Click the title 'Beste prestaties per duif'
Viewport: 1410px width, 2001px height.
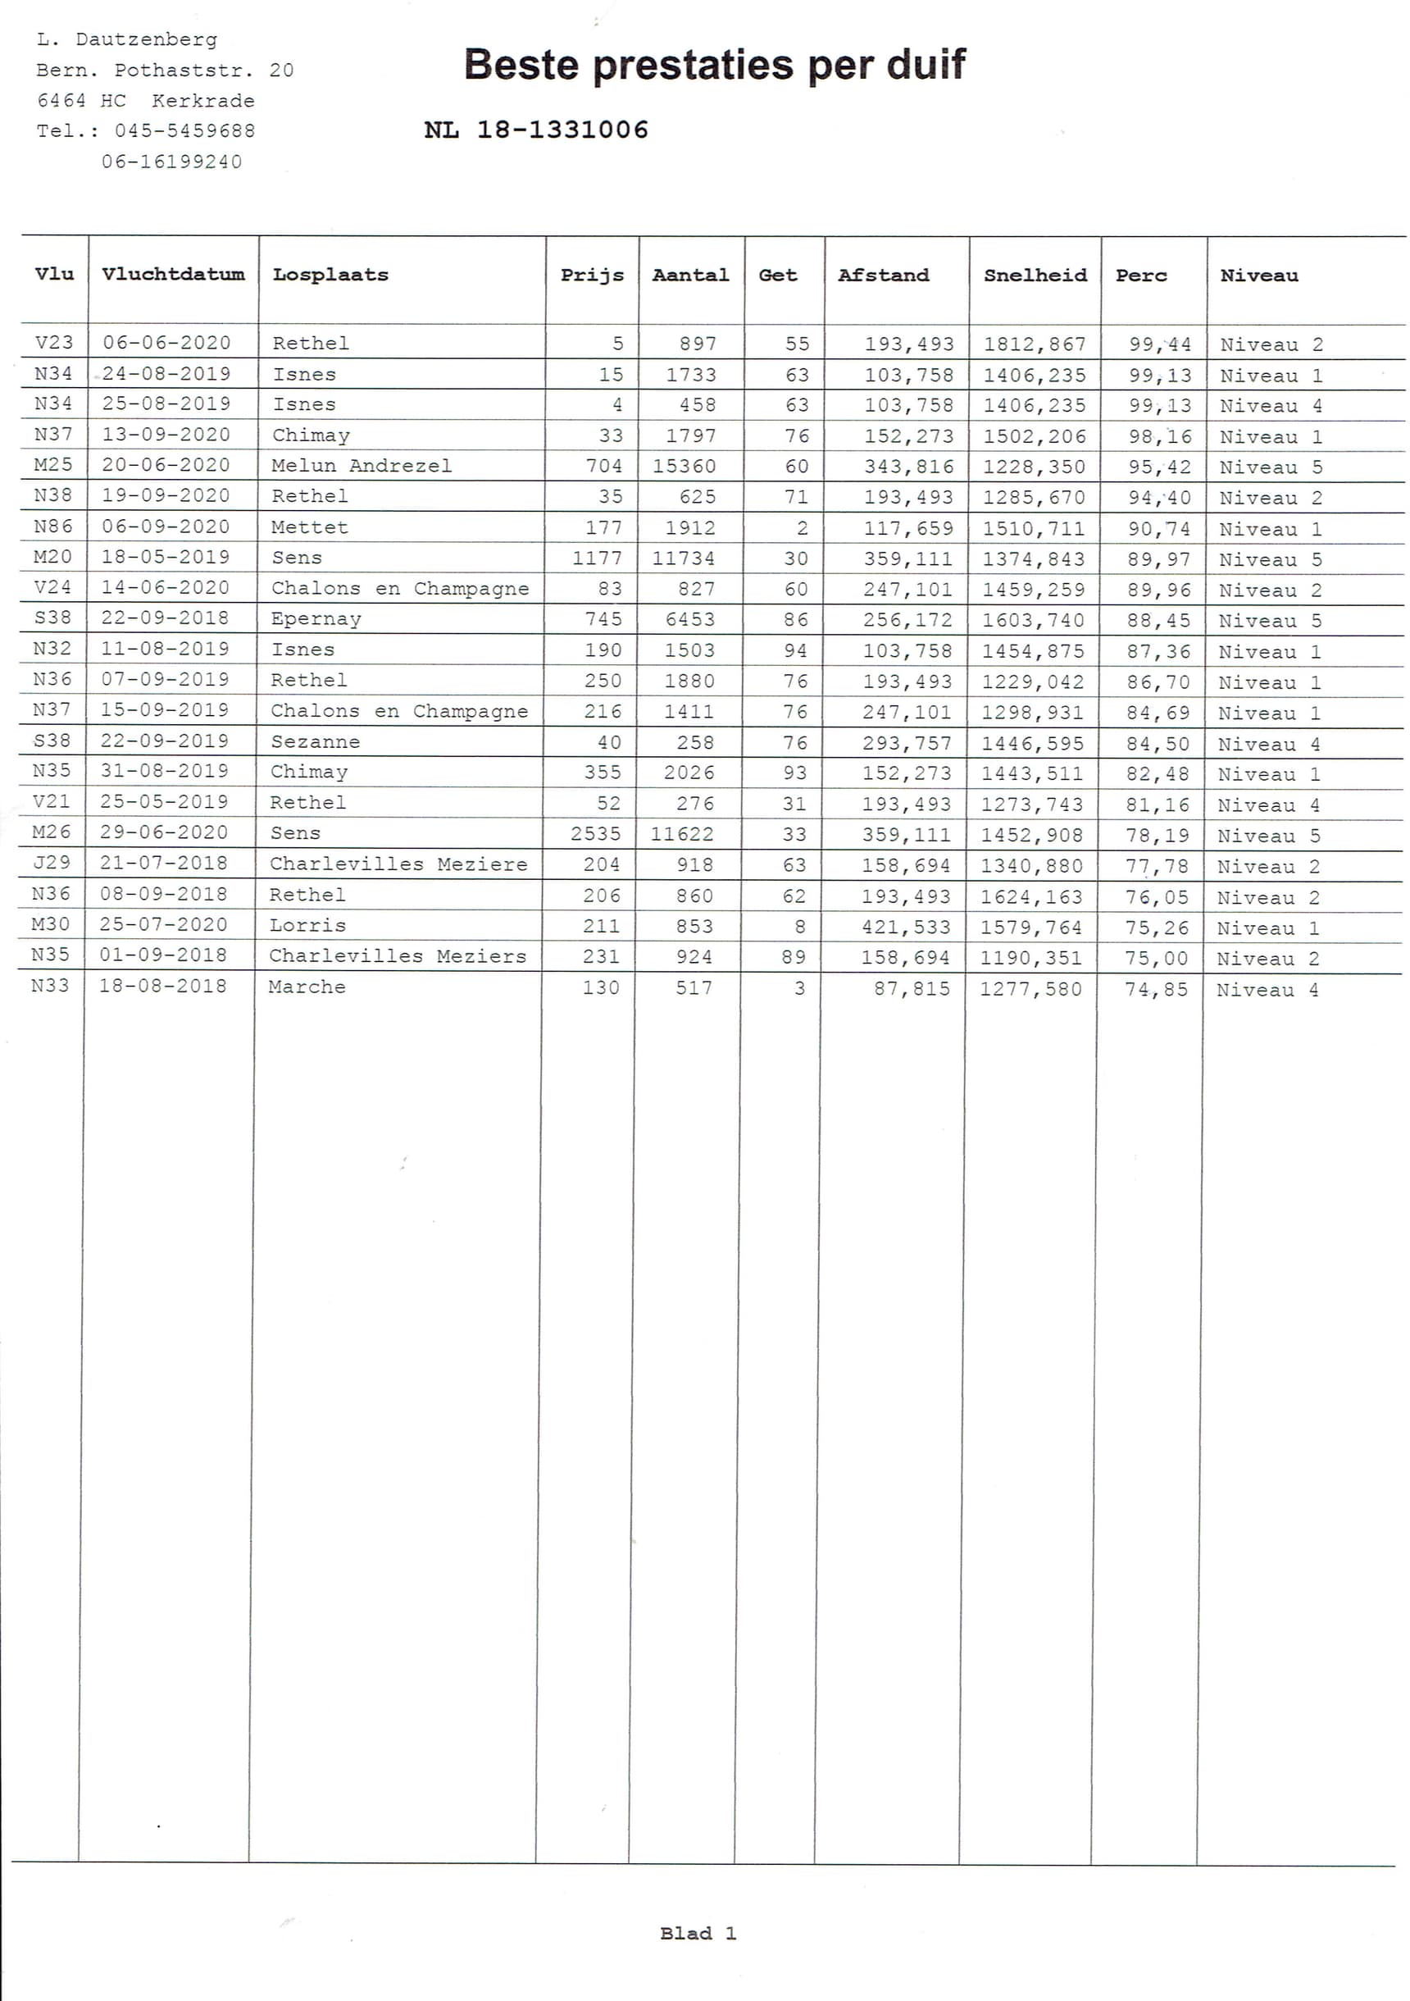(x=714, y=66)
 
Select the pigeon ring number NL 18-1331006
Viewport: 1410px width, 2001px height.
(x=536, y=130)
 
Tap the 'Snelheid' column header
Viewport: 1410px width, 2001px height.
(x=1035, y=276)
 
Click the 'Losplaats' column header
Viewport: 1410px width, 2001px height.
(x=330, y=275)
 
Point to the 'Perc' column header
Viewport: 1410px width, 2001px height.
(x=1141, y=276)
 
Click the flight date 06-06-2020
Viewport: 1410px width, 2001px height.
(x=166, y=343)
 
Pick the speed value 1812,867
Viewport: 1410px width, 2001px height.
(x=1035, y=344)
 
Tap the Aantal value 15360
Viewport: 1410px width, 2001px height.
(x=684, y=467)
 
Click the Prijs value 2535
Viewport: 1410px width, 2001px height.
(x=596, y=834)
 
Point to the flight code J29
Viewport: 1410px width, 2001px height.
(x=52, y=863)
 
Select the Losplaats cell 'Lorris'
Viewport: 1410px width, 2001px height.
(x=307, y=926)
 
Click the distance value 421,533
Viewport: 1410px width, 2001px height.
(x=907, y=928)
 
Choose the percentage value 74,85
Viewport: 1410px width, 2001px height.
(x=1156, y=989)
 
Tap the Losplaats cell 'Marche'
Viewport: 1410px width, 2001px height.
(x=307, y=987)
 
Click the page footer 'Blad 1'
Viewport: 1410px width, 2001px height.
(x=698, y=1933)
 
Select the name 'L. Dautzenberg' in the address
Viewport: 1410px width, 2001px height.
(x=127, y=39)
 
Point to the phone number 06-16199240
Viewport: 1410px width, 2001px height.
(x=171, y=162)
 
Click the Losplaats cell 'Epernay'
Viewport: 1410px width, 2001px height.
(x=316, y=619)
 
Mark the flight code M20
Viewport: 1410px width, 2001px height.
(x=52, y=557)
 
